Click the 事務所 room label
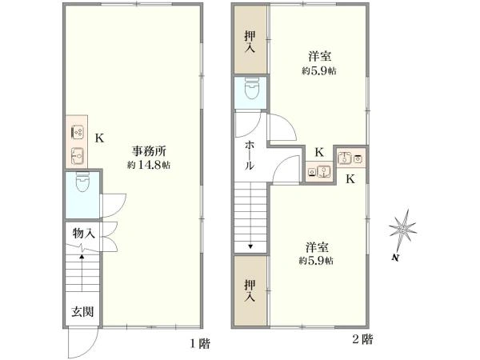(149, 151)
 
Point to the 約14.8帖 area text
(149, 165)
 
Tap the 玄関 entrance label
(82, 312)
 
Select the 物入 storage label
(83, 234)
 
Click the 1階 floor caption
(200, 343)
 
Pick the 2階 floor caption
(362, 339)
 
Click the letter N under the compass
(395, 258)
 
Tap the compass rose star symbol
(403, 228)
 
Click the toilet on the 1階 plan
(82, 182)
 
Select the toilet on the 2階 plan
(252, 88)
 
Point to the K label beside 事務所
(99, 138)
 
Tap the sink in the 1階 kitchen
(77, 156)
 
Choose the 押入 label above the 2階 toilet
(250, 42)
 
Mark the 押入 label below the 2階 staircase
(250, 290)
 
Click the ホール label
(250, 155)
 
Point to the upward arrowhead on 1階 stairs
(82, 257)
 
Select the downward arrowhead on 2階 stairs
(250, 246)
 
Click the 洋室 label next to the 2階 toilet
(319, 57)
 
